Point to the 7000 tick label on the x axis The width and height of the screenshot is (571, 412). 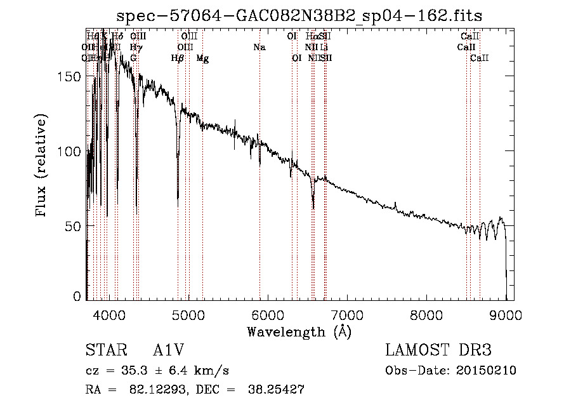[347, 315]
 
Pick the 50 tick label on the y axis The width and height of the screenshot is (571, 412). [75, 227]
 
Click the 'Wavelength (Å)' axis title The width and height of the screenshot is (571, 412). [299, 331]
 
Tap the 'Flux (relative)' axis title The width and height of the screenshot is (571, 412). [42, 167]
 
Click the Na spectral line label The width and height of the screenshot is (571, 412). [259, 47]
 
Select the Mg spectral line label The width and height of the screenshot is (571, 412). [202, 58]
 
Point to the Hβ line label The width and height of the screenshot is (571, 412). [177, 58]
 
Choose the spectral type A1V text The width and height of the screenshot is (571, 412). [168, 351]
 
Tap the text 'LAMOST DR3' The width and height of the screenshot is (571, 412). [438, 351]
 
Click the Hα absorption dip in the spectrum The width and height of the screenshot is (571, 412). [313, 206]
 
